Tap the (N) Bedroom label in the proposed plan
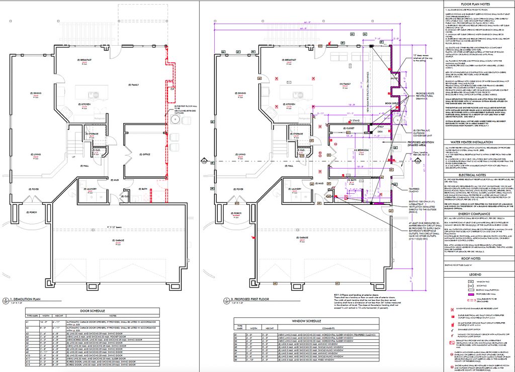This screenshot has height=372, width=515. [x=349, y=151]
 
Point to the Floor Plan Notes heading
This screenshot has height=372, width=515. [x=478, y=4]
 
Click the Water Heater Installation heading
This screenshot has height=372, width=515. [x=478, y=142]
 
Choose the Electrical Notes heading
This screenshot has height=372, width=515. [x=478, y=175]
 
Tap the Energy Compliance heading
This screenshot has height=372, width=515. [x=478, y=213]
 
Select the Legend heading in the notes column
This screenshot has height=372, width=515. [x=478, y=275]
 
